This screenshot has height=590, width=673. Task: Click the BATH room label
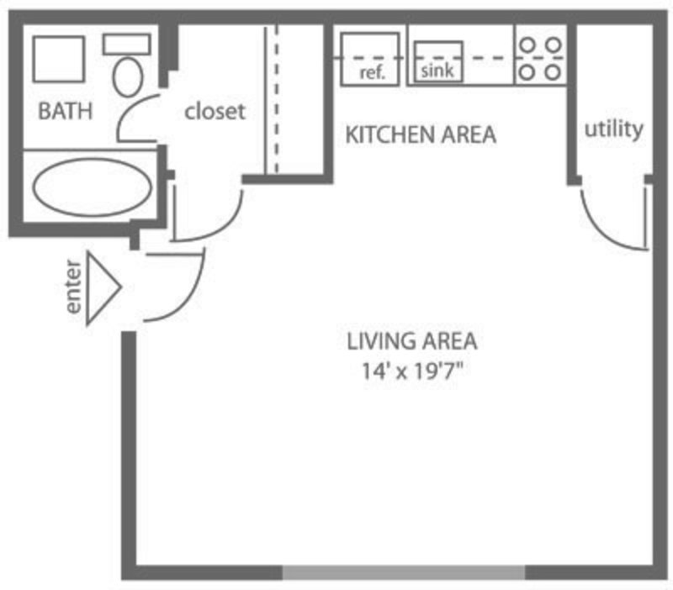66,111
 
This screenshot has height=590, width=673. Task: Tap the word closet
215,112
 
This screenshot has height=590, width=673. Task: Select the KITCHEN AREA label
421,134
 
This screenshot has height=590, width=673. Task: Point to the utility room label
614,129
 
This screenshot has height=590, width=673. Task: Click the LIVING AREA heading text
411,342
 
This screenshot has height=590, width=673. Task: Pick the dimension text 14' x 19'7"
413,371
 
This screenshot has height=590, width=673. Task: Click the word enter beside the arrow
73,287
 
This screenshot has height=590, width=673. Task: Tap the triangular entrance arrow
103,287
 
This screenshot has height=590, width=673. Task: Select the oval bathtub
93,187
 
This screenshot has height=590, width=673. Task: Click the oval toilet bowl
128,77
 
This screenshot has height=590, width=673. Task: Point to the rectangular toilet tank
127,45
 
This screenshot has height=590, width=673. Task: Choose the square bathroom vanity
59,59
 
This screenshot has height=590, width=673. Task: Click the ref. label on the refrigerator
372,73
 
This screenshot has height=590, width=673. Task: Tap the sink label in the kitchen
437,71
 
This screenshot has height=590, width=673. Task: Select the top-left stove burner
527,45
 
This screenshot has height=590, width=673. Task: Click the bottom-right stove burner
554,72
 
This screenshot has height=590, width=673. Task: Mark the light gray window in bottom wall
404,572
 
